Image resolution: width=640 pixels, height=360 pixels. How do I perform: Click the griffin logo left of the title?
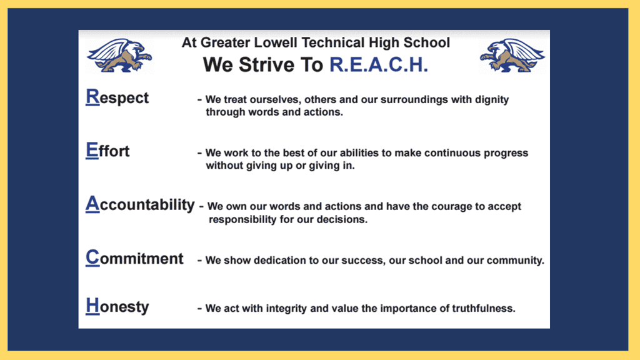pyautogui.click(x=119, y=56)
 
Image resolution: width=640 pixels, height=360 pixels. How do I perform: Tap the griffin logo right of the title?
pyautogui.click(x=512, y=56)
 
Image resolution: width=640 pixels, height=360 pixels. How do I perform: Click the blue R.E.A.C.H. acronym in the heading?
pyautogui.click(x=379, y=64)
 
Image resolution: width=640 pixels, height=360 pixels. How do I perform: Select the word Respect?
pyautogui.click(x=117, y=97)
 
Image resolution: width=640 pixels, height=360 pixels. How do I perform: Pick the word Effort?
pyautogui.click(x=107, y=151)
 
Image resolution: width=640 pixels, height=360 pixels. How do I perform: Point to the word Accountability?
pyautogui.click(x=140, y=204)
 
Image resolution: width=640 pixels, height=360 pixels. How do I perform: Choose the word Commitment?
pyautogui.click(x=134, y=258)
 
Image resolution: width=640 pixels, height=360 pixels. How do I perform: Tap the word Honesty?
pyautogui.click(x=117, y=306)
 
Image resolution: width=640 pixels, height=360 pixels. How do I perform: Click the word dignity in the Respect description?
pyautogui.click(x=492, y=100)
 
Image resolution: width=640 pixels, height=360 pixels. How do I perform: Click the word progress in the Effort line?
pyautogui.click(x=506, y=154)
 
